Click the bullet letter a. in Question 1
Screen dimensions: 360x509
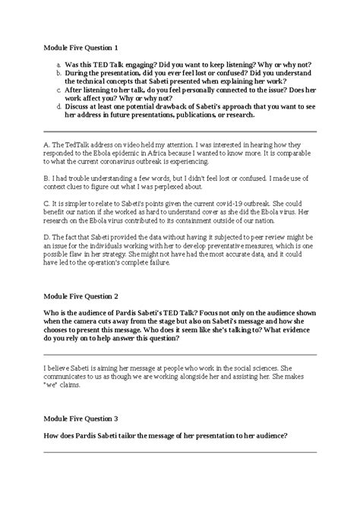point(58,66)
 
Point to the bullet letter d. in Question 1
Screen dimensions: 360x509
point(58,107)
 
